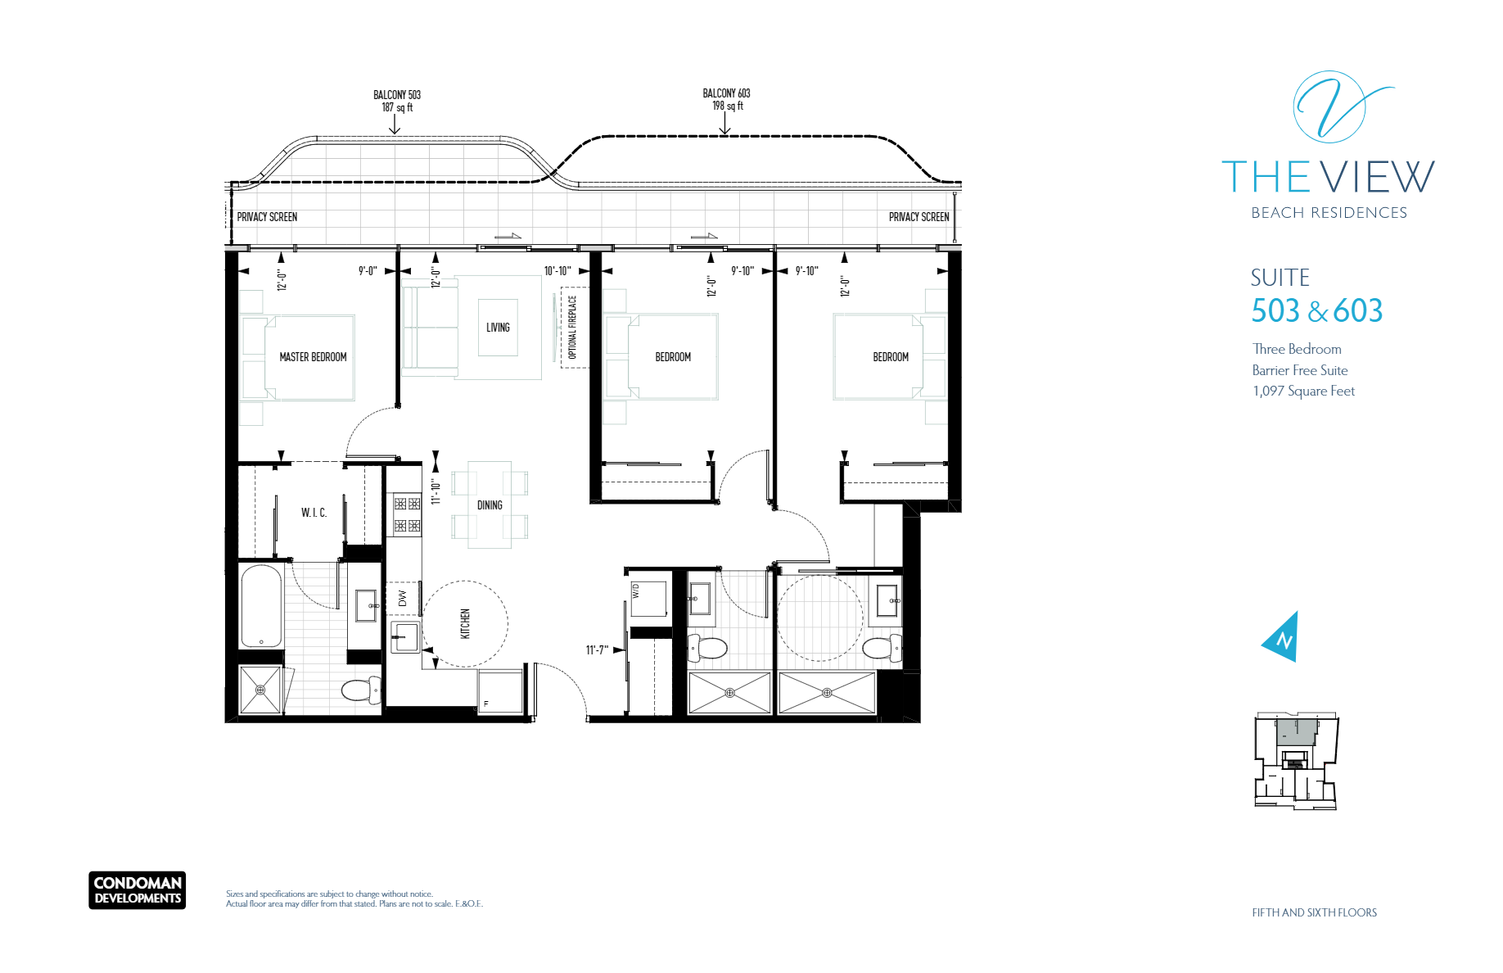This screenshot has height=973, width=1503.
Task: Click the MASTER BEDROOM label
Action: pyautogui.click(x=313, y=357)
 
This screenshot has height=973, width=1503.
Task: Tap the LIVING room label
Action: pyautogui.click(x=498, y=328)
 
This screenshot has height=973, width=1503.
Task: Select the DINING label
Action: pyautogui.click(x=490, y=505)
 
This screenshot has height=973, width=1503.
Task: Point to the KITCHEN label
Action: pyautogui.click(x=465, y=623)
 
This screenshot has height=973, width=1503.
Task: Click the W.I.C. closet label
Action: pyautogui.click(x=314, y=513)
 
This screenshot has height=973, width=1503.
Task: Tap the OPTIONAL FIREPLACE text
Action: pyautogui.click(x=572, y=327)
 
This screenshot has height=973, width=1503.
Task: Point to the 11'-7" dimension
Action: pyautogui.click(x=597, y=650)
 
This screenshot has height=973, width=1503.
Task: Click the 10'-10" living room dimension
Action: pyautogui.click(x=557, y=271)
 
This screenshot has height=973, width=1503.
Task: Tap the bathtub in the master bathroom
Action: pyautogui.click(x=261, y=606)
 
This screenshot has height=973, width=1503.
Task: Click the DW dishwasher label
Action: pyautogui.click(x=402, y=599)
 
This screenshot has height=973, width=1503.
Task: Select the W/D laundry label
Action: pyautogui.click(x=636, y=591)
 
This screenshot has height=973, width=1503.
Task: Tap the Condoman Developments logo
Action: pyautogui.click(x=138, y=890)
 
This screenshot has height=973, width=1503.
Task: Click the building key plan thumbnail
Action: pyautogui.click(x=1296, y=762)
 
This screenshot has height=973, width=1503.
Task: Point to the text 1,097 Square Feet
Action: pyautogui.click(x=1303, y=391)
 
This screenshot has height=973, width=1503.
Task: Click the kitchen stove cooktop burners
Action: pyautogui.click(x=407, y=514)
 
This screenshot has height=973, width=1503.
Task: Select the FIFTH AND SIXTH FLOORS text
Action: pyautogui.click(x=1314, y=912)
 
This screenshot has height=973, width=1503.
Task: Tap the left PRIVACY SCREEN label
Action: pyautogui.click(x=267, y=217)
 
